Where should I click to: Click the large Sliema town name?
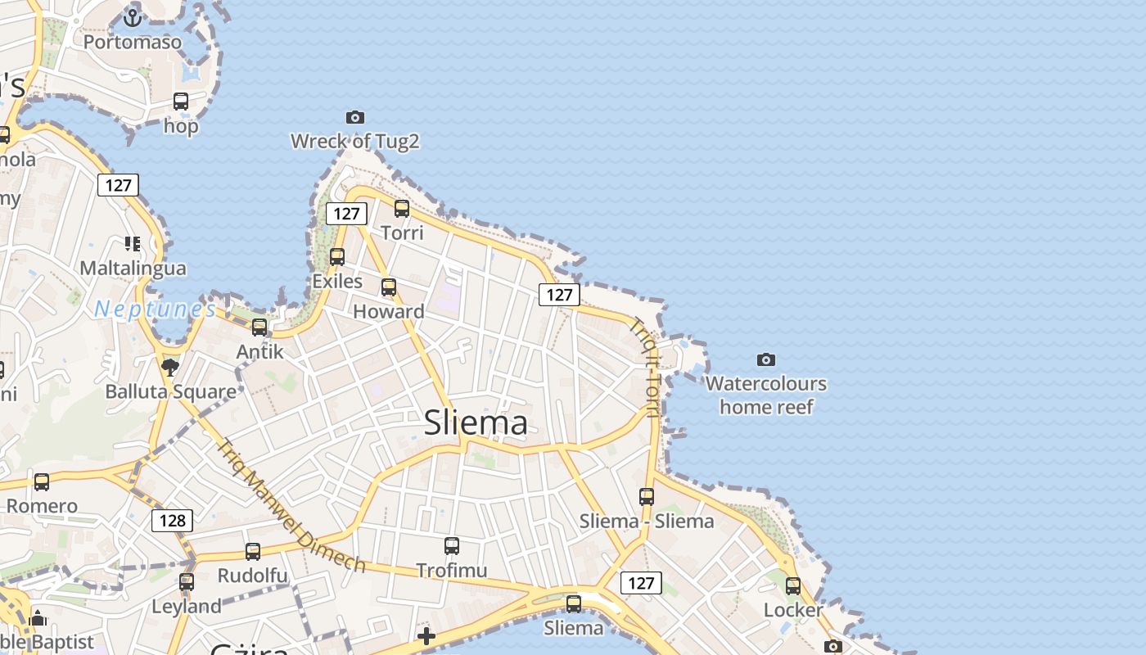pyautogui.click(x=476, y=422)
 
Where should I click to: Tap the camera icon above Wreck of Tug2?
pyautogui.click(x=354, y=117)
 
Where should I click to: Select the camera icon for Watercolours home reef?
pyautogui.click(x=766, y=359)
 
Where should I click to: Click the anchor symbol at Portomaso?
pyautogui.click(x=133, y=16)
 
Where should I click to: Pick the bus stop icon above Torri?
pyautogui.click(x=402, y=209)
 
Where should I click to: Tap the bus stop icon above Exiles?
pyautogui.click(x=337, y=257)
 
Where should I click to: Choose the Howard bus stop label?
pyautogui.click(x=389, y=311)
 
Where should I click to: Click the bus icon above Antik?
pyautogui.click(x=259, y=327)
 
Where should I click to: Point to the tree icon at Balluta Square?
pyautogui.click(x=170, y=367)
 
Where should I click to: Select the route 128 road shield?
pyautogui.click(x=172, y=521)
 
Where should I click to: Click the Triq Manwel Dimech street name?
pyautogui.click(x=291, y=505)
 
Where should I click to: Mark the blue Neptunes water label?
pyautogui.click(x=155, y=309)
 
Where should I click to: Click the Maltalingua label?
pyautogui.click(x=133, y=268)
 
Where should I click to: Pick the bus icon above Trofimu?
pyautogui.click(x=452, y=546)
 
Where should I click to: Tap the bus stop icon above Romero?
pyautogui.click(x=42, y=481)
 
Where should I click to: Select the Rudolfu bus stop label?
pyautogui.click(x=252, y=576)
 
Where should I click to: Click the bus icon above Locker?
pyautogui.click(x=793, y=586)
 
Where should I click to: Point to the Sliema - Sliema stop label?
pyautogui.click(x=647, y=521)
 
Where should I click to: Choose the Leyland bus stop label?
pyautogui.click(x=187, y=607)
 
